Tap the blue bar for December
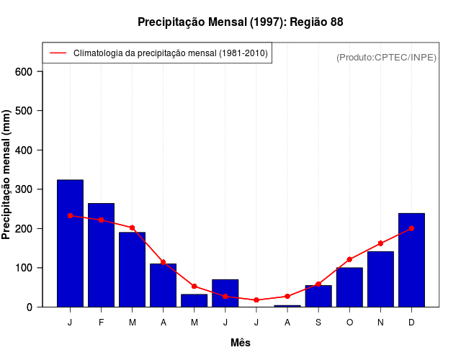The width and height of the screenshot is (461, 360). (x=411, y=260)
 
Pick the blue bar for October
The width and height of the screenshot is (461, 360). (x=349, y=287)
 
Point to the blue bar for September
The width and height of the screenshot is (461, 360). (x=318, y=296)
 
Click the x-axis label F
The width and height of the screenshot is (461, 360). (x=101, y=323)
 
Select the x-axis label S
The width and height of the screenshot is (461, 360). (x=318, y=323)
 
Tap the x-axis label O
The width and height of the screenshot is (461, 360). (x=349, y=323)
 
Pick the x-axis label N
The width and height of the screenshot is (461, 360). (x=380, y=323)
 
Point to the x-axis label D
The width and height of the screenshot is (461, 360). (x=411, y=323)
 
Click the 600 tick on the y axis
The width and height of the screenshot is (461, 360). (x=24, y=72)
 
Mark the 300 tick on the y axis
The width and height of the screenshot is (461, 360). (x=24, y=189)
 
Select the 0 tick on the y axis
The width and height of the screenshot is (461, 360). (x=30, y=307)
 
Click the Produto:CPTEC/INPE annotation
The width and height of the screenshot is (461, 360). (x=387, y=57)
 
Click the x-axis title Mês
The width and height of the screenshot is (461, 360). (x=241, y=343)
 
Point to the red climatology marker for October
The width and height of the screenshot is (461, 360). (x=349, y=259)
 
